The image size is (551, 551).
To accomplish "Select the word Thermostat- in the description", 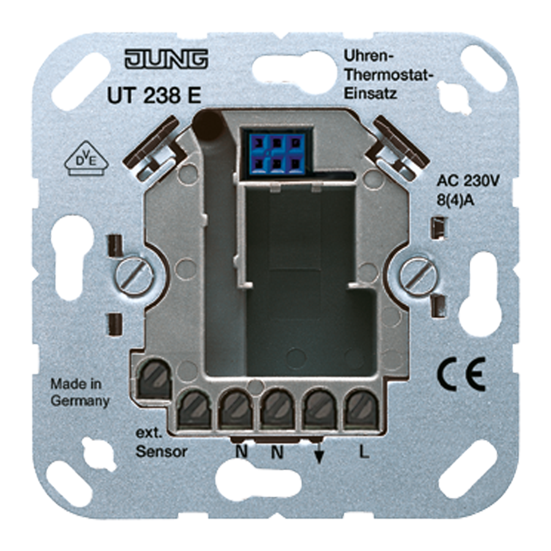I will pos(386,77).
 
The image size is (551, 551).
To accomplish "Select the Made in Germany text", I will pos(80,393).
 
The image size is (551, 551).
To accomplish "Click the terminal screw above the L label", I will pos(361,407).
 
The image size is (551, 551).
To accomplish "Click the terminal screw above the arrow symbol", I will pos(319,407).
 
